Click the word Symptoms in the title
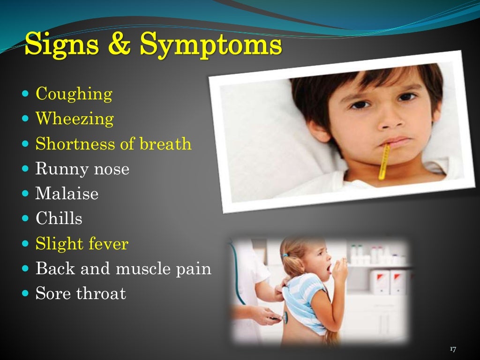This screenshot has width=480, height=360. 211,45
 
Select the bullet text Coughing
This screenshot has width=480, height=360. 74,94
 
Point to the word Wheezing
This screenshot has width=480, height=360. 75,119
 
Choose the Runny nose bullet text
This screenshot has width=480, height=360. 82,169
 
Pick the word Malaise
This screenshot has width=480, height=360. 67,194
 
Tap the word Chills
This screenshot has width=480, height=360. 59,218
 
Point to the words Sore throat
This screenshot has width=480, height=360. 81,294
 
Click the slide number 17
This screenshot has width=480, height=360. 452,349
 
